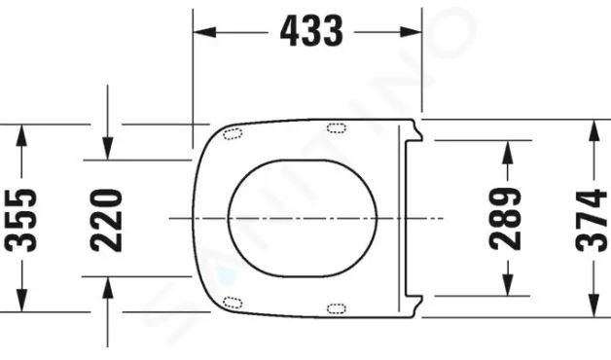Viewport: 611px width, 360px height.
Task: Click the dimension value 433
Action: (311, 32)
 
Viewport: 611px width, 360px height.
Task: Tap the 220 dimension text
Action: (109, 220)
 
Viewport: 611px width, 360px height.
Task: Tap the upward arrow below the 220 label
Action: (109, 286)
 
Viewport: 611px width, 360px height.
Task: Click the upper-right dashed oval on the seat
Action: (337, 126)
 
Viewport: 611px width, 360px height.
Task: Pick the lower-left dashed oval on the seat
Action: (233, 301)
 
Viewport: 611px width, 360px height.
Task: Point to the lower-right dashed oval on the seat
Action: (337, 308)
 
